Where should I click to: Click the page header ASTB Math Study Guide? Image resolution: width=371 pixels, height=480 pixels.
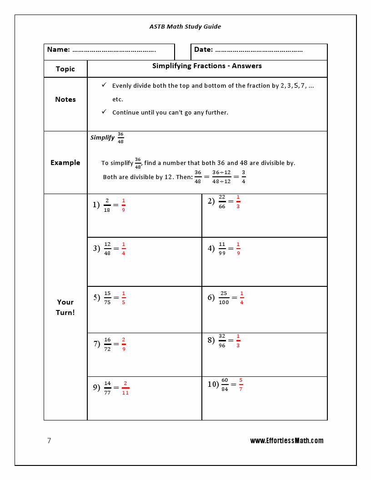click(x=185, y=26)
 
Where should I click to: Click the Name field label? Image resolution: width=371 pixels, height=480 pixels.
click(x=59, y=50)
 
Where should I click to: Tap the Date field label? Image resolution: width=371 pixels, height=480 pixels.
click(x=203, y=50)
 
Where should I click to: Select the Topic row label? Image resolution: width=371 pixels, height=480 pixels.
click(x=65, y=69)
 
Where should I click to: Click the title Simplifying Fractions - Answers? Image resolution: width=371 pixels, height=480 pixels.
click(x=207, y=66)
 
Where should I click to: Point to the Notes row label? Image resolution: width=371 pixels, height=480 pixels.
click(x=65, y=100)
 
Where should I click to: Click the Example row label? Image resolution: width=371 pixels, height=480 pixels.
click(x=65, y=163)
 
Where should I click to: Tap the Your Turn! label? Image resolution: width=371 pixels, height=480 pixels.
click(x=65, y=307)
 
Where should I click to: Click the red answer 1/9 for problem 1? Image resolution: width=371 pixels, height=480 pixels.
click(x=123, y=205)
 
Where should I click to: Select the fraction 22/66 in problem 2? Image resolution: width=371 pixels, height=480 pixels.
click(x=222, y=201)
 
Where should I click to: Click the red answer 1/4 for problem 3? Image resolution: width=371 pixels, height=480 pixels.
click(x=123, y=249)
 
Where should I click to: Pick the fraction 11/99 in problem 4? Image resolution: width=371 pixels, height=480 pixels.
click(x=222, y=249)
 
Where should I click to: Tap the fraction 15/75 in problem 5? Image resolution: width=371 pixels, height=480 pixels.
click(x=107, y=298)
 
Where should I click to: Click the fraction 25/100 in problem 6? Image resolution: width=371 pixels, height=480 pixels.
click(x=224, y=298)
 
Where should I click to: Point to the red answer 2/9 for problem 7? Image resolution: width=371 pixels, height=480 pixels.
click(x=124, y=344)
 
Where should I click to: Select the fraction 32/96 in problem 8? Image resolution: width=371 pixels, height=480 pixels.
click(x=222, y=340)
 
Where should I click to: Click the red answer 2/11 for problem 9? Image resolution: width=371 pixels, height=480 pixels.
click(x=125, y=388)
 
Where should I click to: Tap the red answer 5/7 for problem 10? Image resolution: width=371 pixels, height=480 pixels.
click(x=241, y=384)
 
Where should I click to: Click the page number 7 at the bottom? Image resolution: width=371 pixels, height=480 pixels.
click(x=49, y=441)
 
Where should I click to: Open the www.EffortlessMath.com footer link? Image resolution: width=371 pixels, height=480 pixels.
click(x=286, y=441)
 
